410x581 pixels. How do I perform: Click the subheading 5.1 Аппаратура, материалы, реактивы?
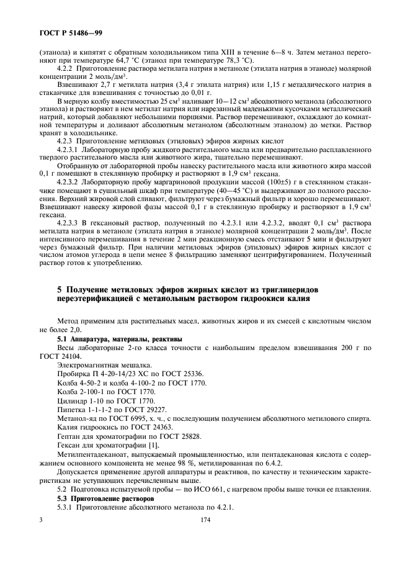point(115,339)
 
